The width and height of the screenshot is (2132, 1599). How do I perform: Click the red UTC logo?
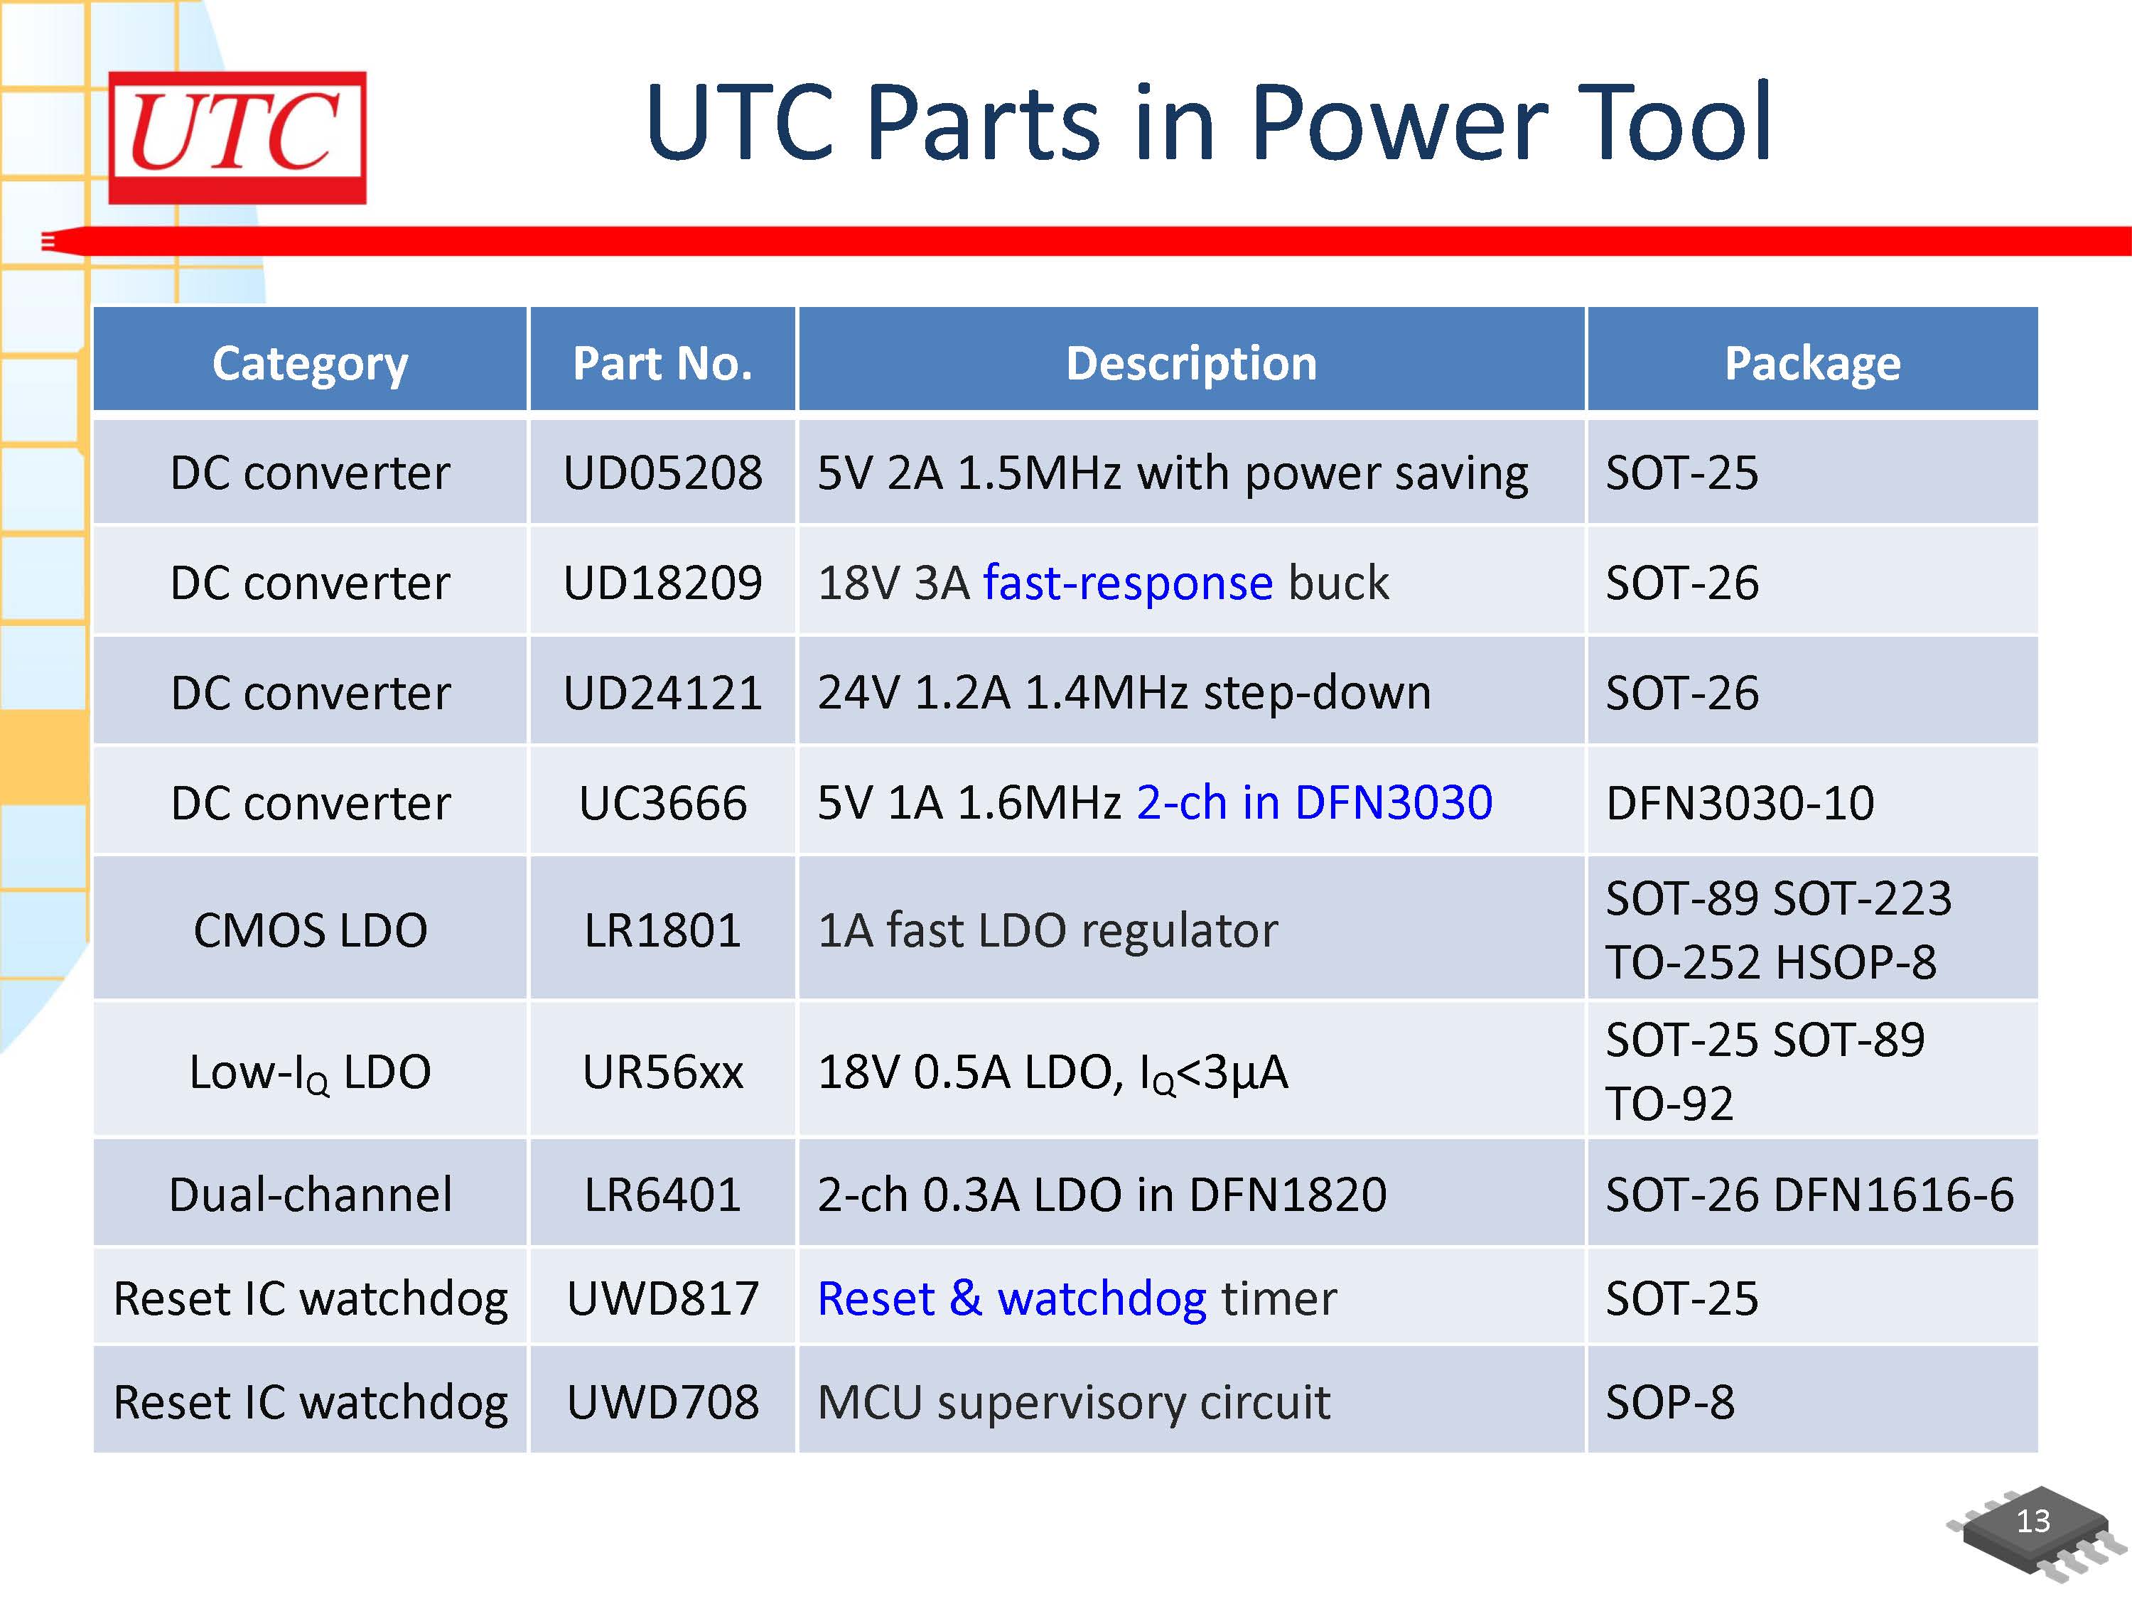click(x=237, y=137)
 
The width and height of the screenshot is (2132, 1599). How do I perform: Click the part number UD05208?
click(x=662, y=473)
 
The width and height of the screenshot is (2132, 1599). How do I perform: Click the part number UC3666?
click(x=662, y=803)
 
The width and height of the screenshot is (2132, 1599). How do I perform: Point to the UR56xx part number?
click(x=662, y=1072)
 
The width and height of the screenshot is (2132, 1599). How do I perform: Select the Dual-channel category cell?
click(x=311, y=1194)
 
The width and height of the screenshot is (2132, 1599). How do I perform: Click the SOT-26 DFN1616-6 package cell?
click(x=1809, y=1194)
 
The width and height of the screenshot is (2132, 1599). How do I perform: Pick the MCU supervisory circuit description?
click(x=1074, y=1402)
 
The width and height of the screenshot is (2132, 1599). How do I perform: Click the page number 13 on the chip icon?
click(x=2034, y=1521)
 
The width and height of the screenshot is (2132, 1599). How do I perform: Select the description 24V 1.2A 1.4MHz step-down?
click(x=1124, y=693)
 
